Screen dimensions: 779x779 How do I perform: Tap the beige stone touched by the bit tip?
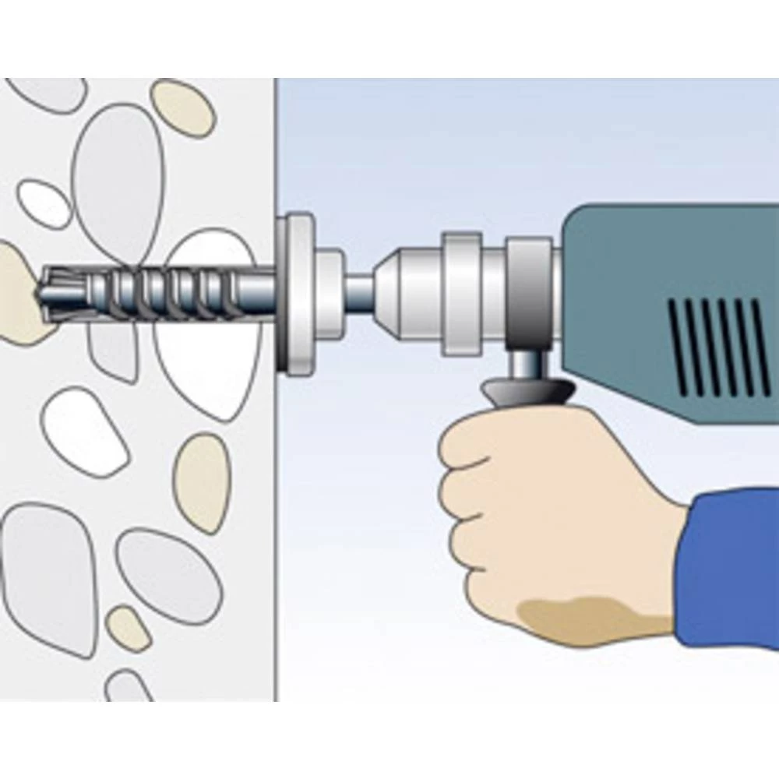tap(19, 296)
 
